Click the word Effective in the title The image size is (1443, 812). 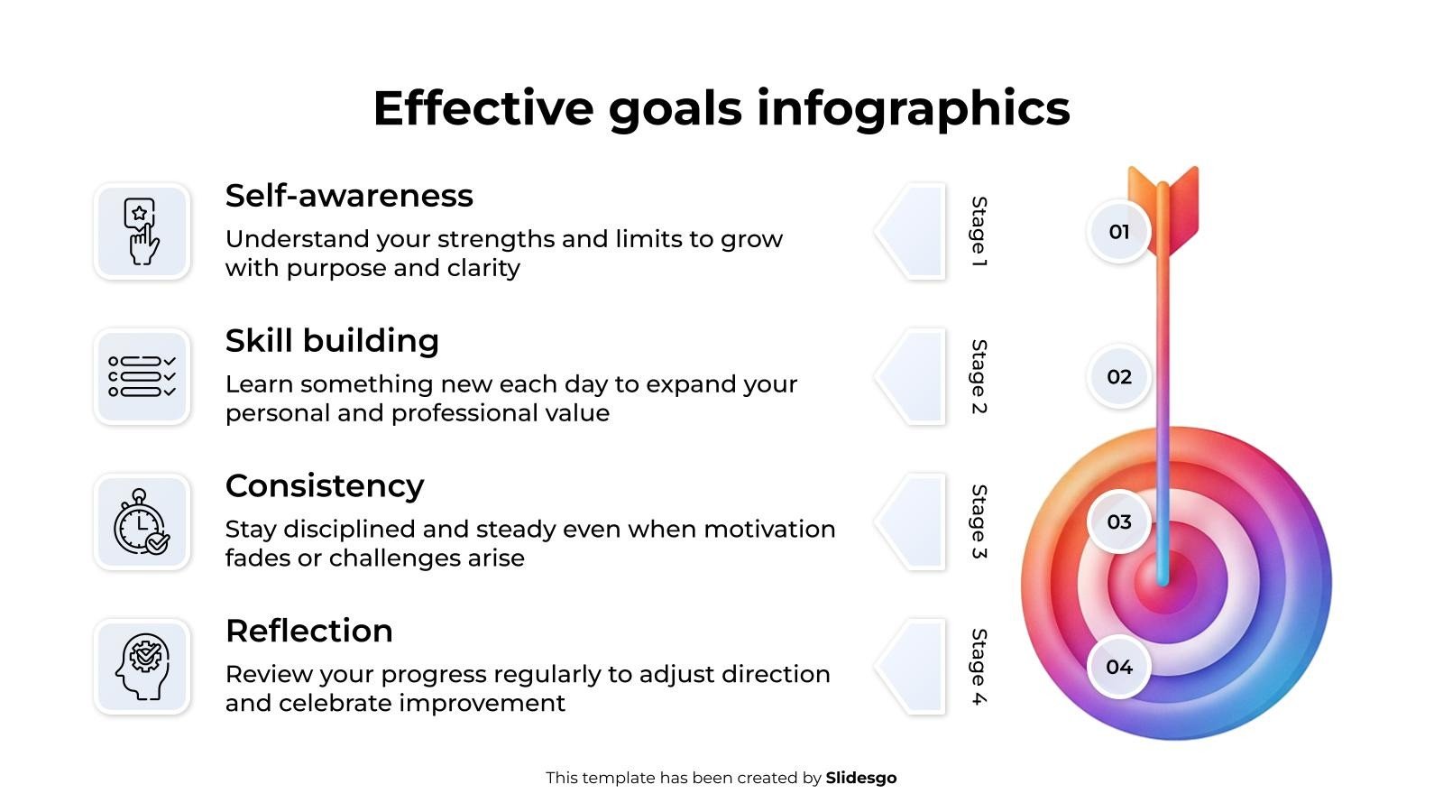(483, 108)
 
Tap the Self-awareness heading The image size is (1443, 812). (349, 195)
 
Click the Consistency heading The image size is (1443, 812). (325, 486)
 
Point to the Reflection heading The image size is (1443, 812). (309, 631)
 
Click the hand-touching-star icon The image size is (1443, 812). (141, 231)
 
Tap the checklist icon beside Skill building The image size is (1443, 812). (142, 376)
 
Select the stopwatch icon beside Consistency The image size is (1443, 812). (142, 522)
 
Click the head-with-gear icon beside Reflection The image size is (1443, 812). (142, 667)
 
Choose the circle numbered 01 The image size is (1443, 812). (1119, 231)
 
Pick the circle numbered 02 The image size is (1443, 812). (1119, 376)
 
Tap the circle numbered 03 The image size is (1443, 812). (1119, 521)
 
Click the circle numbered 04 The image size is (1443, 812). (1119, 667)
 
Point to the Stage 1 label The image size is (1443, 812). (979, 231)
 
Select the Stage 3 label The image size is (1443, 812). (979, 521)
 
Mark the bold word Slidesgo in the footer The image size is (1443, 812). (860, 778)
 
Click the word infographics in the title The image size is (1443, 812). (914, 108)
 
